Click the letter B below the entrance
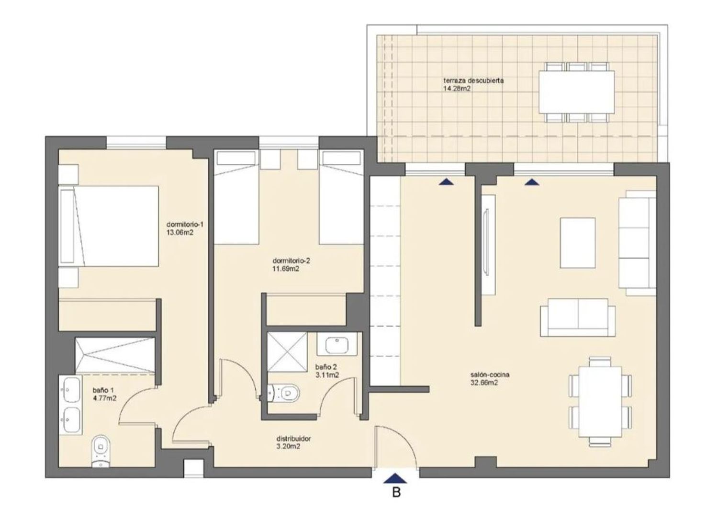[396, 492]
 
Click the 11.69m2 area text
[286, 269]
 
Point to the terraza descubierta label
[473, 80]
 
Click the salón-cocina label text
[490, 374]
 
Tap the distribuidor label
[293, 439]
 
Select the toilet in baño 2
[283, 392]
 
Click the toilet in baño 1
[101, 451]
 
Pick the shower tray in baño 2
[287, 352]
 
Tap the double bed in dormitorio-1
[109, 226]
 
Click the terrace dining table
[577, 92]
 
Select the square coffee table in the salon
[578, 243]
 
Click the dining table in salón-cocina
[600, 402]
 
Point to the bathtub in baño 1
[115, 355]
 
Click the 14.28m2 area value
[457, 89]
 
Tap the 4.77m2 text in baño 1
[104, 398]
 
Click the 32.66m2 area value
[484, 383]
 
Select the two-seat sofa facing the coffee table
[578, 317]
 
